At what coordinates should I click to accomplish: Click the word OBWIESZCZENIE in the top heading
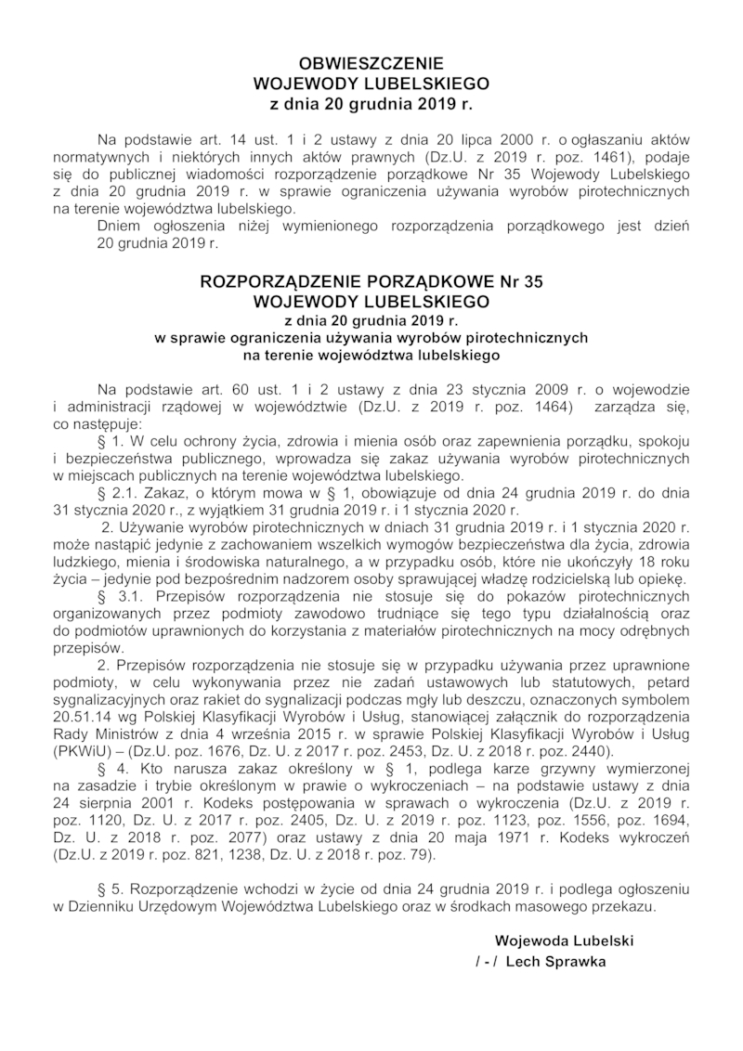point(371,64)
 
